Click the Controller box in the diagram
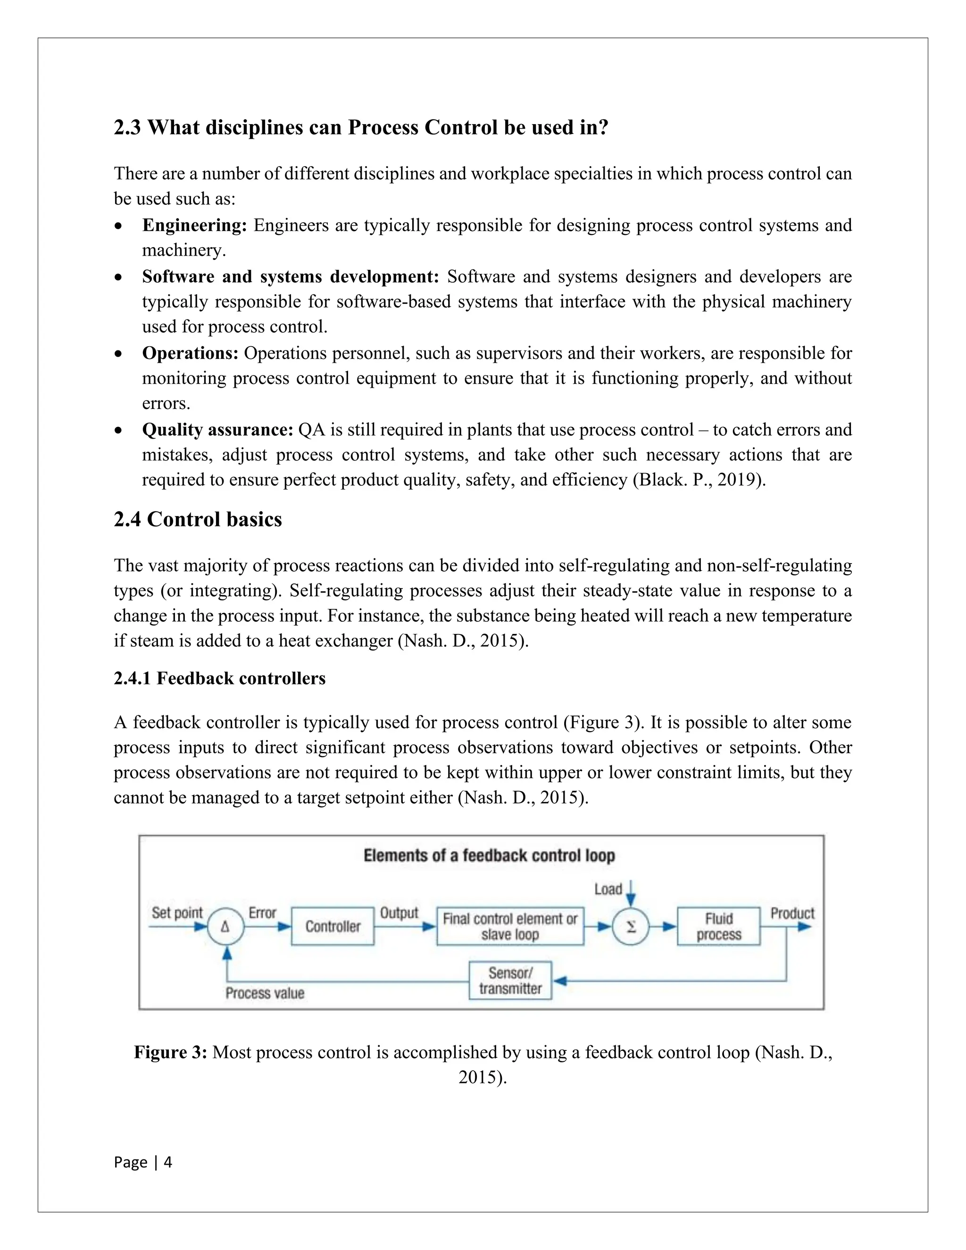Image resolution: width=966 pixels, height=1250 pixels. (333, 926)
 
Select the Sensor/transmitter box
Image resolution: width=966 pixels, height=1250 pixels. (510, 981)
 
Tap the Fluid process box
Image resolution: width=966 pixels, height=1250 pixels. (718, 926)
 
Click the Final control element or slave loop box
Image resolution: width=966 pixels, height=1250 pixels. (510, 926)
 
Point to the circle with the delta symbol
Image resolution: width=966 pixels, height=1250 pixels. (225, 926)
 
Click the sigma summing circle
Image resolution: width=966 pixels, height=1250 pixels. (631, 926)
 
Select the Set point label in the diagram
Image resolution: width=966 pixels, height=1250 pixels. (177, 912)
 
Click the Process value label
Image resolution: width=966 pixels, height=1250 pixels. (265, 992)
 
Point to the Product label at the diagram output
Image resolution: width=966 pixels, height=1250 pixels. (792, 913)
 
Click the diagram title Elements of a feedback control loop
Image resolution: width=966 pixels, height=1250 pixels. (489, 856)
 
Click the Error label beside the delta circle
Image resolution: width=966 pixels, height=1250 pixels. (262, 913)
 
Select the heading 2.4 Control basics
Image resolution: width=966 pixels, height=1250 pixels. (198, 519)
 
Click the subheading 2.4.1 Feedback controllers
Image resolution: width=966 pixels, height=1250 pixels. (219, 678)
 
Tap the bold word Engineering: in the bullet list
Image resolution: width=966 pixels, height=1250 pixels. (194, 225)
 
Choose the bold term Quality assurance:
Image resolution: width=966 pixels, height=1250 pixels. (217, 430)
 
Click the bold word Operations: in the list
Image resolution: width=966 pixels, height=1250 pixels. (190, 353)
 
